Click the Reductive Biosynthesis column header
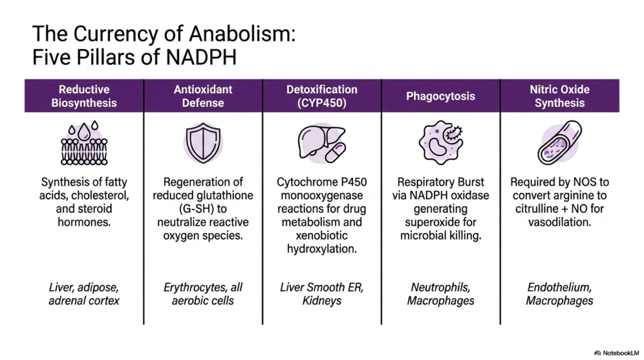click(84, 96)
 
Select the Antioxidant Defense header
click(203, 96)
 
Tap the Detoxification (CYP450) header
click(321, 96)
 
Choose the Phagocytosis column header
click(440, 96)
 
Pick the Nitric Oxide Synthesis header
click(560, 96)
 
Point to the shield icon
click(203, 143)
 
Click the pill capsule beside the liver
click(336, 153)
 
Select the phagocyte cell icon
click(441, 142)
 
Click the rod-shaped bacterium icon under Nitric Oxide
click(559, 143)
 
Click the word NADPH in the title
click(201, 57)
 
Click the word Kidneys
click(321, 301)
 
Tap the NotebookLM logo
click(616, 353)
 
